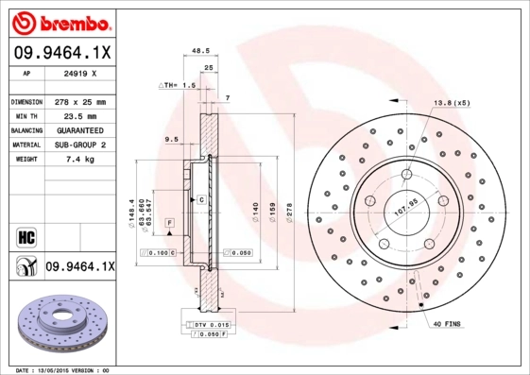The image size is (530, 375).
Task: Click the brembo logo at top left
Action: coord(60,21)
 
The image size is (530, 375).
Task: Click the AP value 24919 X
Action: coord(78,73)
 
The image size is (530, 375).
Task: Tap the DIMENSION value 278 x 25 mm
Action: coord(78,101)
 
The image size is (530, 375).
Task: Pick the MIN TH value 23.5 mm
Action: coord(78,115)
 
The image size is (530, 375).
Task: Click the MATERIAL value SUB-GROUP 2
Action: coord(78,145)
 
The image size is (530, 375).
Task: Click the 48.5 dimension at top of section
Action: coord(199,52)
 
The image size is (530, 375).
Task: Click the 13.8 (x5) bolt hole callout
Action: coord(452,102)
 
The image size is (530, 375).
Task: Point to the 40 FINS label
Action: coord(448,325)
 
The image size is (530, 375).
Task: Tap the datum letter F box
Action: coord(169,221)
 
